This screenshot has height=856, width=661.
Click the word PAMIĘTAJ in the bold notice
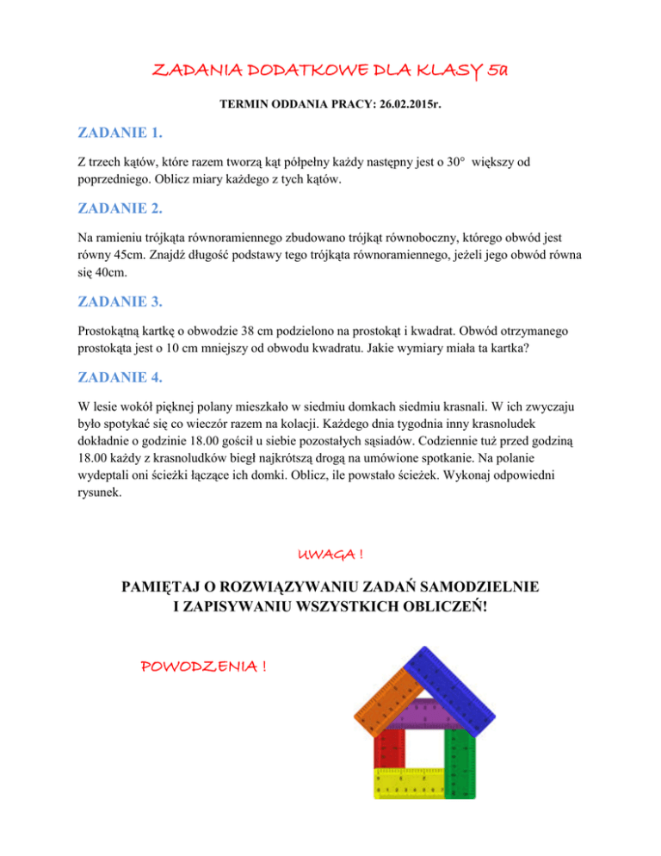point(169,588)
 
